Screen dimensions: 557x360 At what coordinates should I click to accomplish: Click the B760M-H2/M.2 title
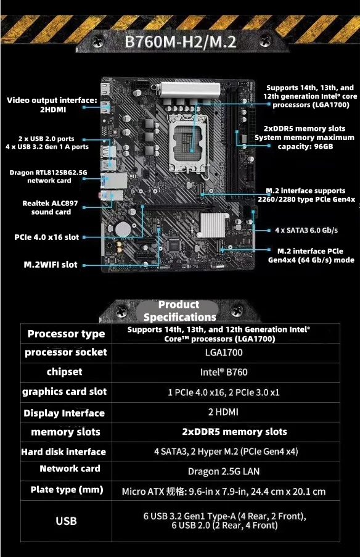(180, 42)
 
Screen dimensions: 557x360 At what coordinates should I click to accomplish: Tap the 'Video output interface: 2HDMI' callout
(52, 104)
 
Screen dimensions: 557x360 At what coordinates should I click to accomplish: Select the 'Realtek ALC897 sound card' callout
(47, 207)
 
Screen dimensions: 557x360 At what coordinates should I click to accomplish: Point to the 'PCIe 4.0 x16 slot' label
(47, 237)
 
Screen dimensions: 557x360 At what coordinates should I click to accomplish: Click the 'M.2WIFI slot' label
(51, 265)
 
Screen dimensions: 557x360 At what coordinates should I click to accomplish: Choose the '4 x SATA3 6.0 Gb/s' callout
(306, 230)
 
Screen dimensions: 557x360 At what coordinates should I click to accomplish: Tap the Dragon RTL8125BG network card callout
(48, 176)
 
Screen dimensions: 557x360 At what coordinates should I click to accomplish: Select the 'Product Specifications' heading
(179, 311)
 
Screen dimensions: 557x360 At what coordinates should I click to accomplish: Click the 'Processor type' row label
(66, 334)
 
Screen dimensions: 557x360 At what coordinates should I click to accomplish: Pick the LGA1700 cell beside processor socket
(224, 353)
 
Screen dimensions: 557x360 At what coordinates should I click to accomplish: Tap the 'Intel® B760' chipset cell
(224, 372)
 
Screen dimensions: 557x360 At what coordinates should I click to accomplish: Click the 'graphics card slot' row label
(65, 392)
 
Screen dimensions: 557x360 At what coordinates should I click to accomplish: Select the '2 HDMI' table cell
(223, 411)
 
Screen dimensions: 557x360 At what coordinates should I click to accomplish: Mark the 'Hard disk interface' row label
(63, 452)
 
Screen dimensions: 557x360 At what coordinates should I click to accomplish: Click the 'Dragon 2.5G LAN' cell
(224, 471)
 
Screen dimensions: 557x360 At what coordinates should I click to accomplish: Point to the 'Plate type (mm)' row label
(62, 490)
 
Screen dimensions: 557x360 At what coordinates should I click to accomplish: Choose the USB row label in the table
(66, 521)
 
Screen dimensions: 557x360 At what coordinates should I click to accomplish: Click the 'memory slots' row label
(65, 432)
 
